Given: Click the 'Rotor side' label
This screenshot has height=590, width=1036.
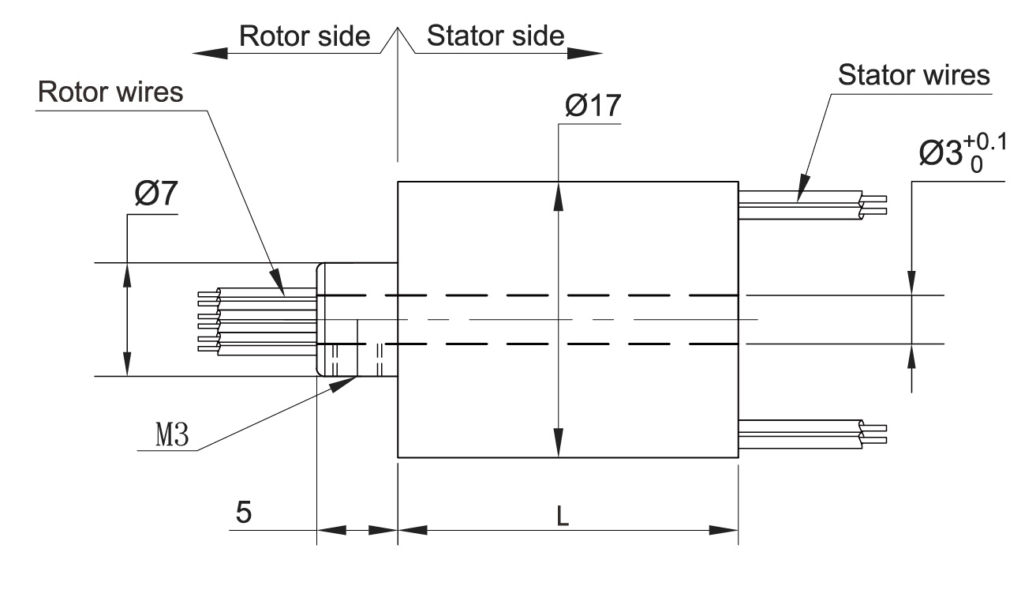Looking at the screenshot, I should coord(305,36).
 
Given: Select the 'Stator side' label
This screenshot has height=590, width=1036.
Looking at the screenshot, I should coord(495,36).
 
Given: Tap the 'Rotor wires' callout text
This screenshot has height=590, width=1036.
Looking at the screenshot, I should coord(110,92).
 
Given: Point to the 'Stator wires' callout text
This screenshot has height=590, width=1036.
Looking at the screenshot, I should coord(913,76).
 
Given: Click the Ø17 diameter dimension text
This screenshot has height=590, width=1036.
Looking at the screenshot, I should coord(593,107).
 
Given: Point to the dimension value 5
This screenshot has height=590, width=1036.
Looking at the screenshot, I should coord(245,513).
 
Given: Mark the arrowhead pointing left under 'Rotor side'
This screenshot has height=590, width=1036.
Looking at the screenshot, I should coord(210,54).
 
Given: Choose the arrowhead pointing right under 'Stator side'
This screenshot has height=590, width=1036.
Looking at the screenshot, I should coord(585,54).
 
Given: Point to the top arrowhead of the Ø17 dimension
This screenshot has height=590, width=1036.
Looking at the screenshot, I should coord(559,196).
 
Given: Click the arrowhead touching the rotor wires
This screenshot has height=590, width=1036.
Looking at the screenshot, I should coord(278,280).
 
